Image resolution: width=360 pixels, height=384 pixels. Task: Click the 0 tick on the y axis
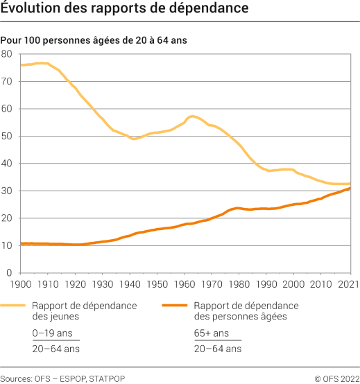(x=10, y=272)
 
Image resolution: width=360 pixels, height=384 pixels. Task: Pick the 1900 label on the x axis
(x=21, y=284)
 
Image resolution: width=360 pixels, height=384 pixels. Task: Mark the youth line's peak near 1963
(x=191, y=116)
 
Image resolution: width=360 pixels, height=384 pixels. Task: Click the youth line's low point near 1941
(x=132, y=139)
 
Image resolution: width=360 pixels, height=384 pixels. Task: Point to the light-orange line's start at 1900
(x=21, y=65)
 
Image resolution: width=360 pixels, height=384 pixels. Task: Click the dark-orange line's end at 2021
(x=350, y=188)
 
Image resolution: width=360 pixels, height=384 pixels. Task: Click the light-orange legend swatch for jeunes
(x=14, y=306)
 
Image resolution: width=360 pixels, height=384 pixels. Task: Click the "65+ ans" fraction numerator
(x=211, y=333)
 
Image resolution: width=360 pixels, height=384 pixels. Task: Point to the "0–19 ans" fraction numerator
(x=51, y=333)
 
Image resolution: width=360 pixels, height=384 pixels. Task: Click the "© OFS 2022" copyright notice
(x=336, y=378)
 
